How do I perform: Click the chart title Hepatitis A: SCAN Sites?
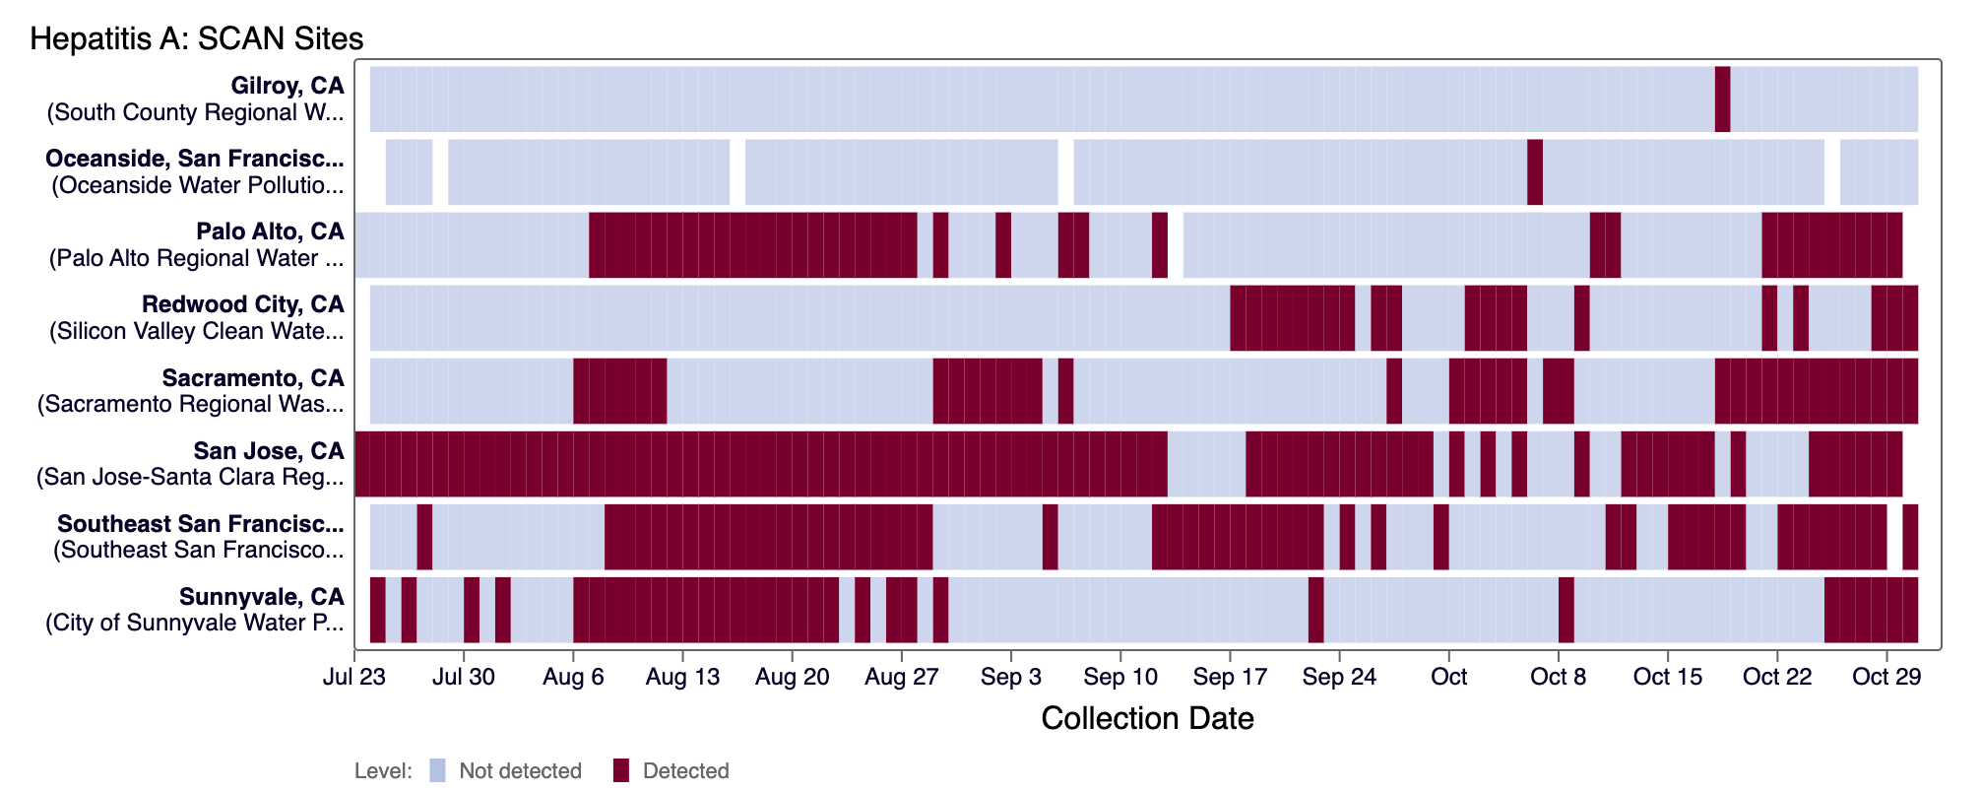point(196,38)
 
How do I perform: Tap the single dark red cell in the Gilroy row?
point(1722,99)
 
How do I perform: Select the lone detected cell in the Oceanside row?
point(1535,171)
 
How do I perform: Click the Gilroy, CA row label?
point(288,86)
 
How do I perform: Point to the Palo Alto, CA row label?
point(270,231)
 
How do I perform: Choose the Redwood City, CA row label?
point(243,304)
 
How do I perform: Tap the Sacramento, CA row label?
point(253,378)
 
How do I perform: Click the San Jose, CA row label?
point(269,451)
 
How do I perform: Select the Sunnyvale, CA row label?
point(262,597)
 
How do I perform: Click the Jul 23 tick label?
point(354,677)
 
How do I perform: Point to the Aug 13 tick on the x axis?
point(682,677)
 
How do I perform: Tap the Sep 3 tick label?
point(1010,677)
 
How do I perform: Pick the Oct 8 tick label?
point(1559,677)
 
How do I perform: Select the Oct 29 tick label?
point(1886,677)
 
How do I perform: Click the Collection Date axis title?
point(1147,718)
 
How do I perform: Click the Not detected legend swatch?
point(437,770)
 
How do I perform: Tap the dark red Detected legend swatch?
point(620,770)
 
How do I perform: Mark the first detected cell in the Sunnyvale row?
point(377,610)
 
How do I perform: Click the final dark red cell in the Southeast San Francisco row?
point(1910,537)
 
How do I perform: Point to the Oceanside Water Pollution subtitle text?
point(198,185)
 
